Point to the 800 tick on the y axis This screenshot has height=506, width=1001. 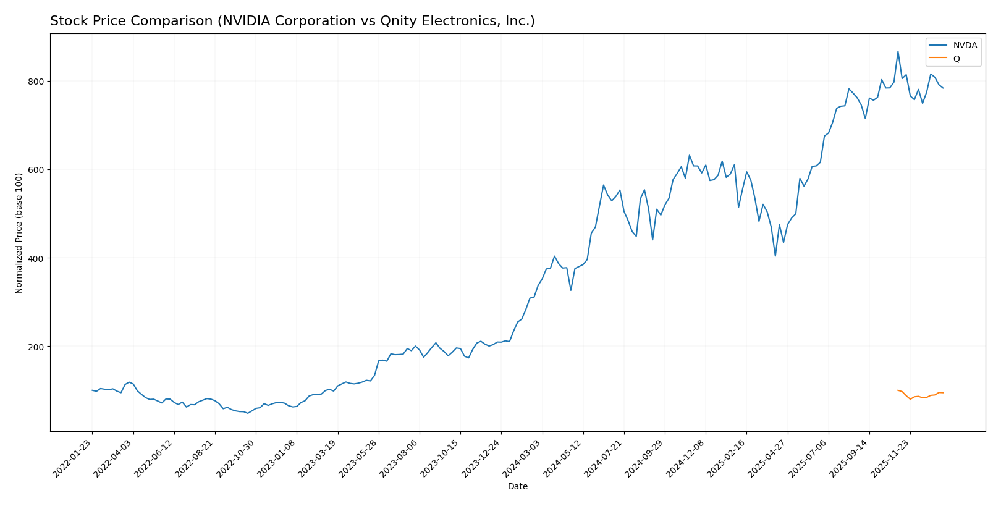36,82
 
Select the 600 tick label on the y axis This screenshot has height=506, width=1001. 36,170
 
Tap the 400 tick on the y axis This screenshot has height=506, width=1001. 36,258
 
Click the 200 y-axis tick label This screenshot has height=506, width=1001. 36,347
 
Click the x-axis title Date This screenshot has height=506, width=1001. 517,487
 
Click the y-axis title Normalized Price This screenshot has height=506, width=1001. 19,233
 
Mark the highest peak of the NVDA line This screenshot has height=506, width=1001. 898,51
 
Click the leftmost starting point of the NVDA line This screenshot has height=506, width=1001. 92,390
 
